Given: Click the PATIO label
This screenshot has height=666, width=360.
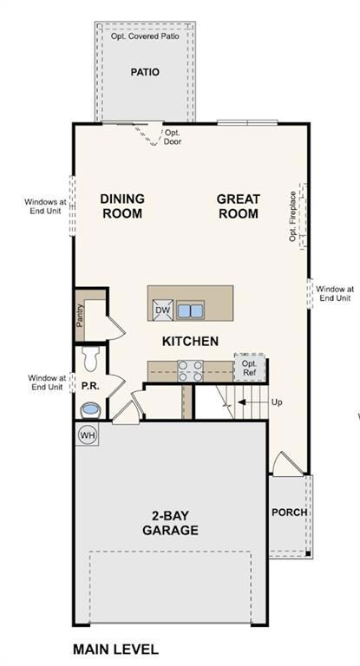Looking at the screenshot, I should coord(145,73).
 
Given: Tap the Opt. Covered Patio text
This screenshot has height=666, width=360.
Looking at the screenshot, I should coord(145,37).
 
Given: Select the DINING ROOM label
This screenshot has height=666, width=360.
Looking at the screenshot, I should coord(122,206).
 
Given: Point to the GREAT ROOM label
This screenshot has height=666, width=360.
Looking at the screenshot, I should coord(238,206).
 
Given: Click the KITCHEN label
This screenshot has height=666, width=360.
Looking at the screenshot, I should coord(190,342).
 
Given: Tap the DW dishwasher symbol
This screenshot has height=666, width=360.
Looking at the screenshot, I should coord(162,310).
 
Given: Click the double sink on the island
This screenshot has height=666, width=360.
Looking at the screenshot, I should coord(190,310).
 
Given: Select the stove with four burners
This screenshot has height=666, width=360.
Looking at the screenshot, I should coord(190,370).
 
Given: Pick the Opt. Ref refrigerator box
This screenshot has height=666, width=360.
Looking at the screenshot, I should coord(249,368).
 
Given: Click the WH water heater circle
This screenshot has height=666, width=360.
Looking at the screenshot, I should coord(88,434).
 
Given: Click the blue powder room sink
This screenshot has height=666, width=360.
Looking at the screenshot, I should coord(89,408).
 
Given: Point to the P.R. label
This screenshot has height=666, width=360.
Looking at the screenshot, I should coord(89,382).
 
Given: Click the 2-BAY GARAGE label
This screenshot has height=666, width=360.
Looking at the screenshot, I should coord(170,522).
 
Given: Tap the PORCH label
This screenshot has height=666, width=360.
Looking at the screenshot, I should coord(289,513).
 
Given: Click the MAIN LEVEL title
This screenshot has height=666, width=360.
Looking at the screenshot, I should coord(115,649).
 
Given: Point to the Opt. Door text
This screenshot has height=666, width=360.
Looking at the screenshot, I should coord(173,137).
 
